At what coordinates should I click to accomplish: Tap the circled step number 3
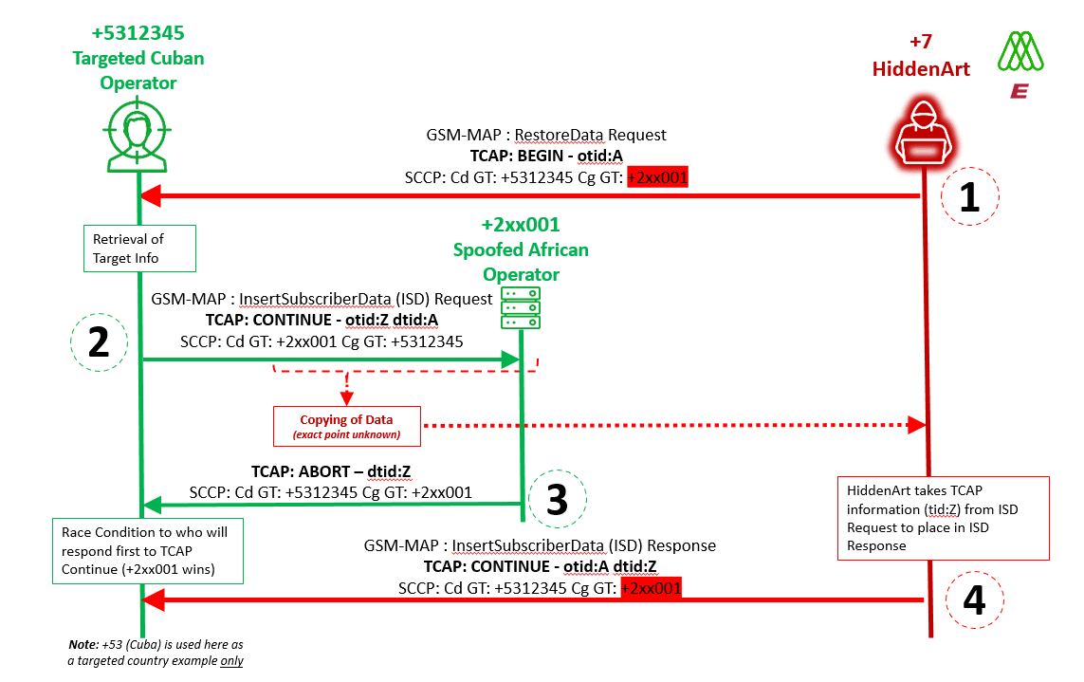pyautogui.click(x=559, y=500)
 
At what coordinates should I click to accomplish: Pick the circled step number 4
pyautogui.click(x=978, y=600)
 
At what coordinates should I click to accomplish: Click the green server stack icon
pyautogui.click(x=522, y=308)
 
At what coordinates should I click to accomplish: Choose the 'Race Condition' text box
pyautogui.click(x=148, y=550)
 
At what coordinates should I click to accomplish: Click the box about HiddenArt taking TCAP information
pyautogui.click(x=943, y=518)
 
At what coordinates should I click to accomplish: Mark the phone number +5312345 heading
pyautogui.click(x=138, y=35)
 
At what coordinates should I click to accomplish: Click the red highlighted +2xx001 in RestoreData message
pyautogui.click(x=657, y=176)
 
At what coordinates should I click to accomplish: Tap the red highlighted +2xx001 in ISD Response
pyautogui.click(x=651, y=588)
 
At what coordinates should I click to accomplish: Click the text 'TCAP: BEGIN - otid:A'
pyautogui.click(x=545, y=156)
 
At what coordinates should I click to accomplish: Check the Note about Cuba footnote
pyautogui.click(x=155, y=653)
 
